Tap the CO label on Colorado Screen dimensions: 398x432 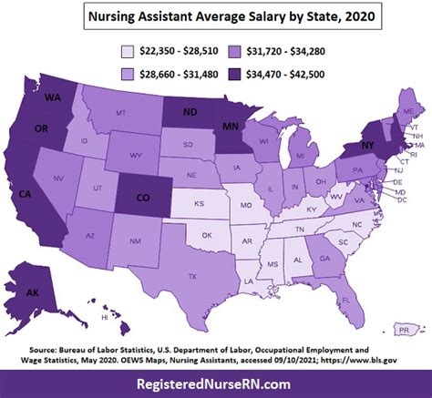[x=145, y=197]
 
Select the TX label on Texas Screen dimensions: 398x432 [x=191, y=276]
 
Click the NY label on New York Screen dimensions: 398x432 [x=370, y=144]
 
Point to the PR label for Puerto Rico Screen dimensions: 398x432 [x=402, y=328]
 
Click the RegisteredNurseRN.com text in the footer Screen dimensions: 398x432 [x=216, y=384]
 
